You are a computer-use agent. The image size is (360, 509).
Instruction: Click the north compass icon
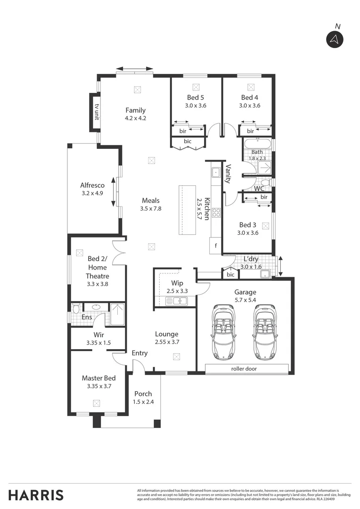point(335,40)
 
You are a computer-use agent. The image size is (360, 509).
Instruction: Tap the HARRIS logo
point(36,495)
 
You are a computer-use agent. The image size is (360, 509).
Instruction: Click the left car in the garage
point(223,331)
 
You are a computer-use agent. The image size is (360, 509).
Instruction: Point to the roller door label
point(244,369)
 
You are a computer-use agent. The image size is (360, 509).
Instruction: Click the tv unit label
point(96,112)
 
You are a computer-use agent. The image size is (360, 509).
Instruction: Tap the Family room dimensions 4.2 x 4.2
point(135,118)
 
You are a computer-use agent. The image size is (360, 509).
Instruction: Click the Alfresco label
point(92,185)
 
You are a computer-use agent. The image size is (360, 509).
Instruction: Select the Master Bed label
point(98,378)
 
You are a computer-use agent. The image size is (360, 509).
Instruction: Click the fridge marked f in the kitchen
point(216,245)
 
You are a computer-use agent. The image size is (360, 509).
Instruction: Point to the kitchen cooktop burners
point(216,213)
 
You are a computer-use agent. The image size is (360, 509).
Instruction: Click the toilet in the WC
point(265,182)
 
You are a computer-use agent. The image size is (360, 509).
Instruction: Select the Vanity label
point(228,173)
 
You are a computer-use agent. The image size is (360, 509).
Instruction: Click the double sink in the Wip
point(177,300)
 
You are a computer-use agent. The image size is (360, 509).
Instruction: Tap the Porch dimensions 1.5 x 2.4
point(143,402)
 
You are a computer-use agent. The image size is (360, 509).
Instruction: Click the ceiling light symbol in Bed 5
point(196,87)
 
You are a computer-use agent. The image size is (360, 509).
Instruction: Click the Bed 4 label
point(249,98)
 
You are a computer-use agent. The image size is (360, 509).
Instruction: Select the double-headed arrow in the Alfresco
point(114,192)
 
